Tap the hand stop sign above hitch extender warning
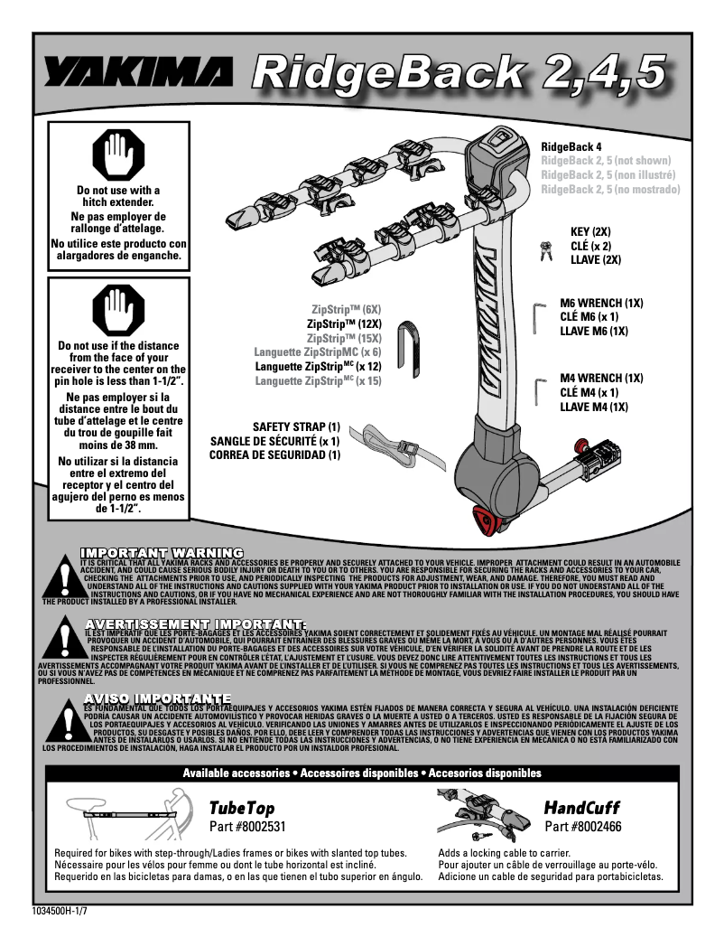tap(118, 153)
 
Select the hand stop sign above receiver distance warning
tap(118, 308)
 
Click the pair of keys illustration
tap(545, 251)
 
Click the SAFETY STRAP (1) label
tap(296, 426)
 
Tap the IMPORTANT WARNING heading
tap(162, 552)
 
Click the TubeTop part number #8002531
tap(247, 826)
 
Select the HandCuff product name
tap(582, 807)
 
